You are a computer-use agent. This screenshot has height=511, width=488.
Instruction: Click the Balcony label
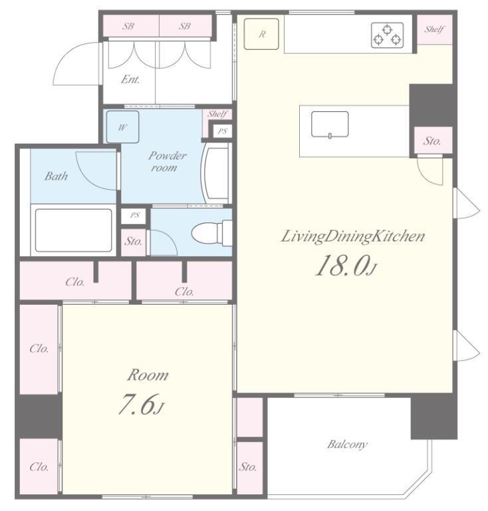click(x=347, y=444)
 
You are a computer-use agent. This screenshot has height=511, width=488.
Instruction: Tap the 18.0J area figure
click(x=346, y=265)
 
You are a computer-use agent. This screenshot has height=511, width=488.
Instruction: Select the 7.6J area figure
click(x=140, y=404)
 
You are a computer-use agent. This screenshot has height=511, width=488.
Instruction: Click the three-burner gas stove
click(x=387, y=35)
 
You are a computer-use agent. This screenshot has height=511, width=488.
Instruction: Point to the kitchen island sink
click(x=330, y=124)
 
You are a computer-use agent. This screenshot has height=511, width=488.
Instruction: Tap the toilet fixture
click(x=211, y=233)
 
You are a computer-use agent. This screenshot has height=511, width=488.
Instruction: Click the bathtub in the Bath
click(x=73, y=230)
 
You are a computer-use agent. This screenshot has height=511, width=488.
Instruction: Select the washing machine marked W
click(x=123, y=127)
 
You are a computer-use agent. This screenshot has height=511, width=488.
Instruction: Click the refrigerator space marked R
click(x=261, y=34)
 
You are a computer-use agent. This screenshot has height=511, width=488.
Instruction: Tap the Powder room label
click(x=167, y=161)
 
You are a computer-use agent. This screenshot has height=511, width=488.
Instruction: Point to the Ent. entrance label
click(x=130, y=79)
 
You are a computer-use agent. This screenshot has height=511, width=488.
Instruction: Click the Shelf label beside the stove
click(x=434, y=29)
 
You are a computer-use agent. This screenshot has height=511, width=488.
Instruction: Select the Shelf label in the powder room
click(x=217, y=114)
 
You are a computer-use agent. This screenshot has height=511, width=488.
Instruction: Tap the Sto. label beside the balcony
click(x=248, y=467)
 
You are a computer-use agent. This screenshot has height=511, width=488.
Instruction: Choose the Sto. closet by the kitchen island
click(x=433, y=140)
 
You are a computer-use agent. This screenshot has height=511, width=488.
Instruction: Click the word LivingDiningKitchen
click(x=352, y=236)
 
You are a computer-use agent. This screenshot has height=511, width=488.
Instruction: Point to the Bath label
click(x=56, y=176)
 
